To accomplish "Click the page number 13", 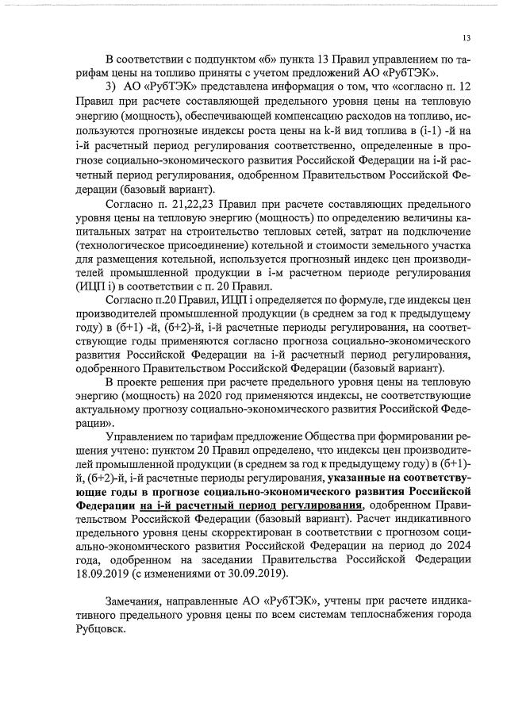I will coord(467,37).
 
